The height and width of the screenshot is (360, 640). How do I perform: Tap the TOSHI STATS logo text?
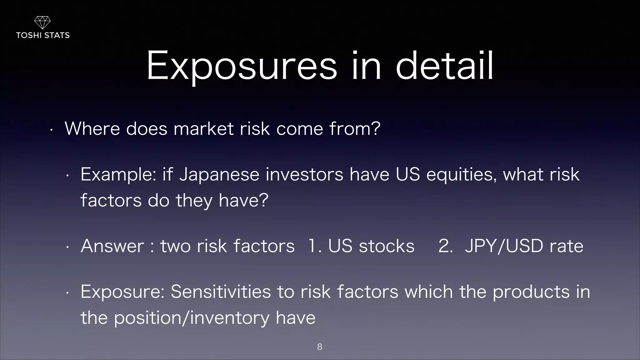[x=43, y=35]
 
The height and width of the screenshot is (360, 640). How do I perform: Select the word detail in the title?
[x=444, y=66]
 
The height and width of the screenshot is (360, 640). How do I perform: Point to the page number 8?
[x=320, y=347]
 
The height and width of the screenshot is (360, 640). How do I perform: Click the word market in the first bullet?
[x=203, y=128]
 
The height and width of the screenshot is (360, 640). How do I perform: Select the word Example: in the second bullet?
[x=118, y=174]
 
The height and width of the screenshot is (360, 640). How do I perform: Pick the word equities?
[x=461, y=174]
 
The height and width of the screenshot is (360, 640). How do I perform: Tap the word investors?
[x=304, y=174]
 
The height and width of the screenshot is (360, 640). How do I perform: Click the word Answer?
[x=112, y=246]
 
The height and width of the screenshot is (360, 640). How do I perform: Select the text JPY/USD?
[x=504, y=246]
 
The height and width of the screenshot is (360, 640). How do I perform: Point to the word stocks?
[x=387, y=246]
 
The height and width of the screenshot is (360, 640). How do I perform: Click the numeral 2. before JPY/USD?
[x=446, y=246]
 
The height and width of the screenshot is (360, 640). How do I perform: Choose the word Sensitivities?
[x=221, y=292]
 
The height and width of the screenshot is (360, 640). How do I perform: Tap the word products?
[x=531, y=292]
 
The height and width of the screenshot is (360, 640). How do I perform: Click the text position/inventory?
[x=191, y=318]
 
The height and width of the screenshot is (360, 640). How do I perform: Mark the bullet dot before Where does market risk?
[x=52, y=130]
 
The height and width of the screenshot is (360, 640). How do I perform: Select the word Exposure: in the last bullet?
[x=122, y=292]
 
